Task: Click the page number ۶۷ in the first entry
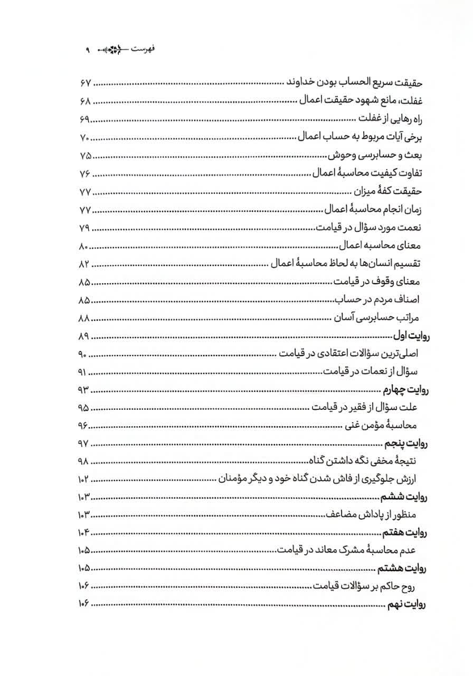pos(85,84)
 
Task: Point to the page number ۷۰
pos(85,138)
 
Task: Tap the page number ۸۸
pos(85,318)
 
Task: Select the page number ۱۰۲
pos(83,479)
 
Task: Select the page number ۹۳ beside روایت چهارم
pos(84,390)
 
